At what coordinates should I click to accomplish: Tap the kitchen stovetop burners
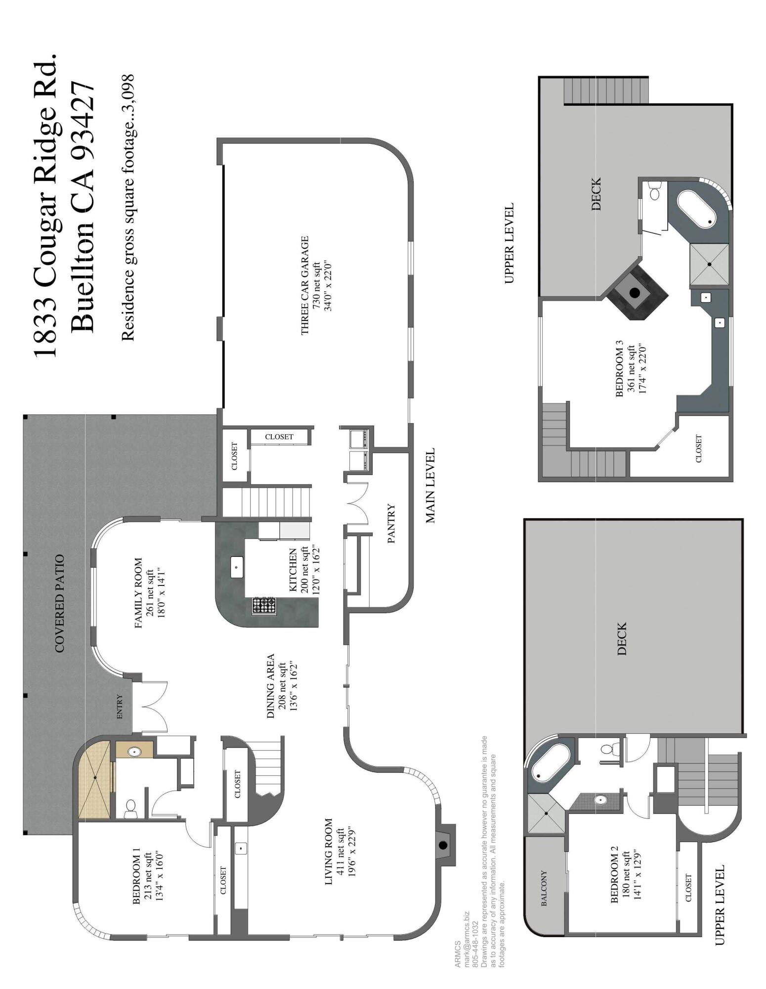(x=264, y=605)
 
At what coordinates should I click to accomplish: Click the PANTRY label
(x=391, y=524)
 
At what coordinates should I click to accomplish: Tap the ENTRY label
(x=119, y=707)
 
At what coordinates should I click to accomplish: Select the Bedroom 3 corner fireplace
(x=635, y=292)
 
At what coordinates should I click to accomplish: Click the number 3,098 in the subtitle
(x=128, y=89)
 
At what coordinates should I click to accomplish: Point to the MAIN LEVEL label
(x=429, y=486)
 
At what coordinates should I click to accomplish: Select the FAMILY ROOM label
(x=138, y=593)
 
